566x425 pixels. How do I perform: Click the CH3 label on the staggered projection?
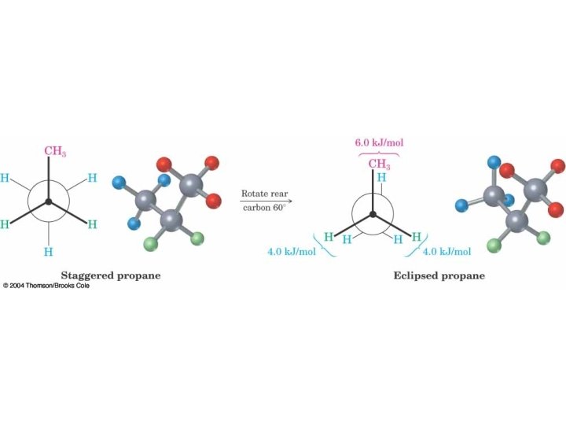(54, 150)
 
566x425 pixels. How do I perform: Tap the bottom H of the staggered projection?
(49, 253)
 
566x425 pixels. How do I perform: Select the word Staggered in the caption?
(88, 275)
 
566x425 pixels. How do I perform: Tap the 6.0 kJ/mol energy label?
(379, 143)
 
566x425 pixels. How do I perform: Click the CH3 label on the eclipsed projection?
(379, 164)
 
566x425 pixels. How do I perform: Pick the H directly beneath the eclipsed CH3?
(380, 178)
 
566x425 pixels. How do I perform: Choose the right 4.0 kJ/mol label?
(447, 252)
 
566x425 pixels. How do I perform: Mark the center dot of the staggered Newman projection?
(49, 203)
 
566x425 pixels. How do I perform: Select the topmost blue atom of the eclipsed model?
(494, 164)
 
